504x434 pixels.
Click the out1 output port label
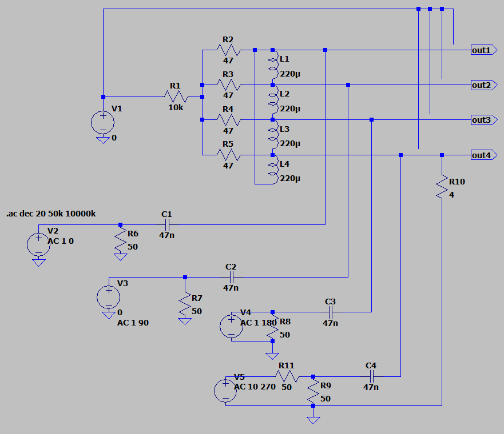pos(482,50)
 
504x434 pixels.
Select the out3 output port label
pos(482,120)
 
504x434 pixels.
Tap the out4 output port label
pos(482,155)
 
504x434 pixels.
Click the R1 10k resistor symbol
pos(175,97)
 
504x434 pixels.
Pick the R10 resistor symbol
pos(442,187)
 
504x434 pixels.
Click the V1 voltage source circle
pos(103,122)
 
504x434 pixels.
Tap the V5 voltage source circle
pos(226,391)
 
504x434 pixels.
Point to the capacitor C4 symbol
pos(371,376)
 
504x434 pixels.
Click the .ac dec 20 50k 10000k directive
pos(51,214)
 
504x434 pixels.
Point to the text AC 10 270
pos(255,387)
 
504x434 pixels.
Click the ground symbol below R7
pos(185,320)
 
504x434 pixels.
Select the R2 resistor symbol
pos(228,50)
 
